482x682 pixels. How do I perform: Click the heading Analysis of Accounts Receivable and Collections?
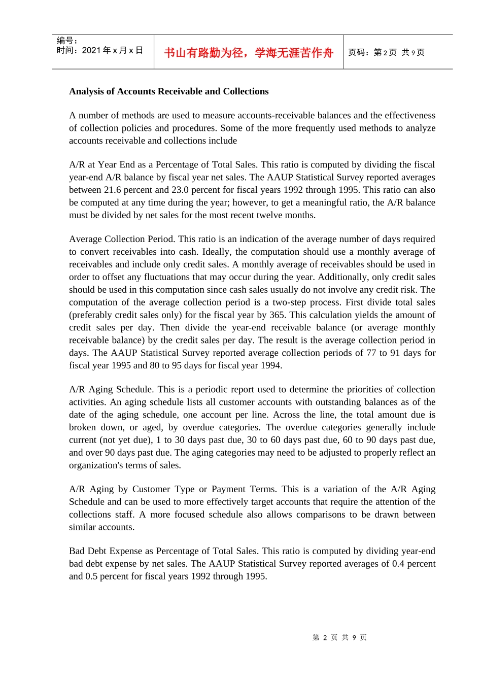(x=168, y=91)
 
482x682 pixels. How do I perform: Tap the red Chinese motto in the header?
(x=249, y=53)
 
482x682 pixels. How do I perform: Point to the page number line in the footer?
(x=339, y=637)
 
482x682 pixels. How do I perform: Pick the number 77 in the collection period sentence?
(x=371, y=353)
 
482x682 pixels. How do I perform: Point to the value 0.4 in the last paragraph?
(x=398, y=563)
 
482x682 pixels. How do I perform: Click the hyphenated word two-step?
(x=289, y=302)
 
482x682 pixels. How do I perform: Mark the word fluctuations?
(x=168, y=277)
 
